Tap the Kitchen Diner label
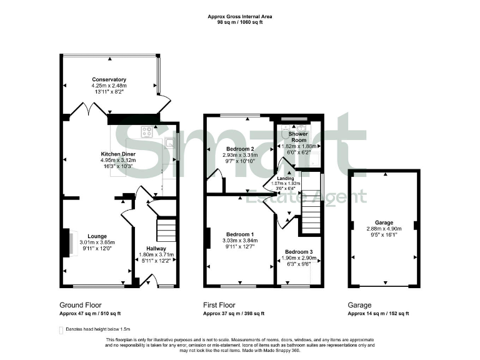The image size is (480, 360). click(x=119, y=153)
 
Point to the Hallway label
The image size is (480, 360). click(x=156, y=248)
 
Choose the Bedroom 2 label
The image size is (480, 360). click(x=239, y=149)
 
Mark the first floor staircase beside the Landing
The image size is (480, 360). click(x=311, y=212)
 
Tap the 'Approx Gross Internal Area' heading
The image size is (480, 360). click(x=239, y=16)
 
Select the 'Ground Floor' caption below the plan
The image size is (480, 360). click(x=81, y=305)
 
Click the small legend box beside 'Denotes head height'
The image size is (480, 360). click(x=61, y=329)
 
